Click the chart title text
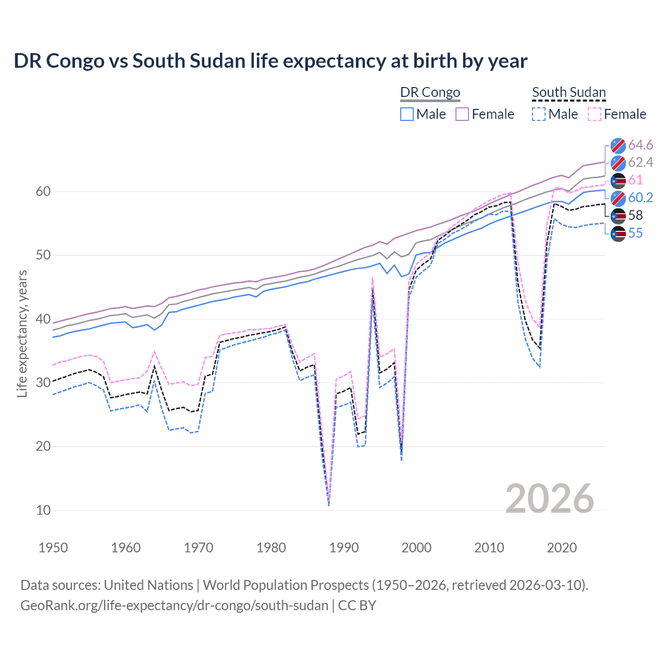[x=270, y=61]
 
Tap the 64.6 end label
[x=640, y=145]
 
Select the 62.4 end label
[x=640, y=163]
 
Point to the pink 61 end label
[x=635, y=180]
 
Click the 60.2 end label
[x=640, y=198]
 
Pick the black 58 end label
[x=635, y=216]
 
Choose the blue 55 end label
[x=635, y=233]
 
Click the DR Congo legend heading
[x=430, y=92]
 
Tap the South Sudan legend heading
[x=569, y=92]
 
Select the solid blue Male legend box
[x=407, y=114]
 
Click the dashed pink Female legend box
[x=595, y=114]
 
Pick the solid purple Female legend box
[x=462, y=114]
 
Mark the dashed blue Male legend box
[x=539, y=114]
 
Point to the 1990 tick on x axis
[x=344, y=548]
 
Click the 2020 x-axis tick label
[x=562, y=548]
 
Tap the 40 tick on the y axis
[x=43, y=319]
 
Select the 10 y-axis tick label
[x=43, y=510]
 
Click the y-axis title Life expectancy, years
[x=22, y=333]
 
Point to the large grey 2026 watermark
[x=549, y=499]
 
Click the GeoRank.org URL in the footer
[x=174, y=606]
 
